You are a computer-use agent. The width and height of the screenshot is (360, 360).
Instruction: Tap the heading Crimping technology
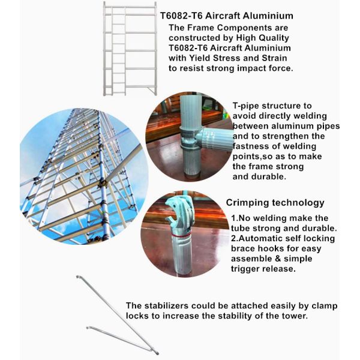point(275,203)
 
